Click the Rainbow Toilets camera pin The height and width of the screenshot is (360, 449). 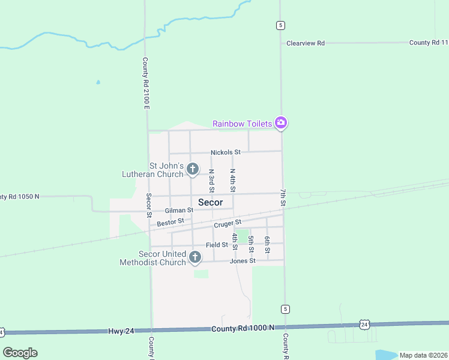[281, 123]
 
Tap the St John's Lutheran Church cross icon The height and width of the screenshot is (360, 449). [193, 169]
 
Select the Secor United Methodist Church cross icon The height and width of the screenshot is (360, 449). [194, 257]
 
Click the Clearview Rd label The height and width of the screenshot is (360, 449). [306, 43]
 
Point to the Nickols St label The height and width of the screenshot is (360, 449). [225, 152]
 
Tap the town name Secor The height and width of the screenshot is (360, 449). [210, 202]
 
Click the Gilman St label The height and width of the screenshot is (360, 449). [179, 211]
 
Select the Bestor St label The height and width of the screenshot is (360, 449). [170, 223]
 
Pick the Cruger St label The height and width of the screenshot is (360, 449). [227, 224]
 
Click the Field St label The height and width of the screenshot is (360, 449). [217, 245]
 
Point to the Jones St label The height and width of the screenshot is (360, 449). [243, 261]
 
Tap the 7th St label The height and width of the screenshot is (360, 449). [283, 197]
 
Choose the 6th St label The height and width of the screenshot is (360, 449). [267, 244]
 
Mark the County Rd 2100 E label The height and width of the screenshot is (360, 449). [145, 83]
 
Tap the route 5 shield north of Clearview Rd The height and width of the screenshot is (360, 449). [280, 25]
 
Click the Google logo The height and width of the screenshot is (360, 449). [20, 353]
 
